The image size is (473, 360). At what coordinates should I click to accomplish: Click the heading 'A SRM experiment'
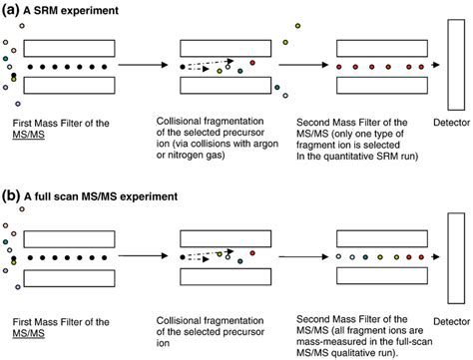click(74, 10)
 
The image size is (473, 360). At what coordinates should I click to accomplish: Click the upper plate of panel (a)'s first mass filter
click(70, 46)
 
